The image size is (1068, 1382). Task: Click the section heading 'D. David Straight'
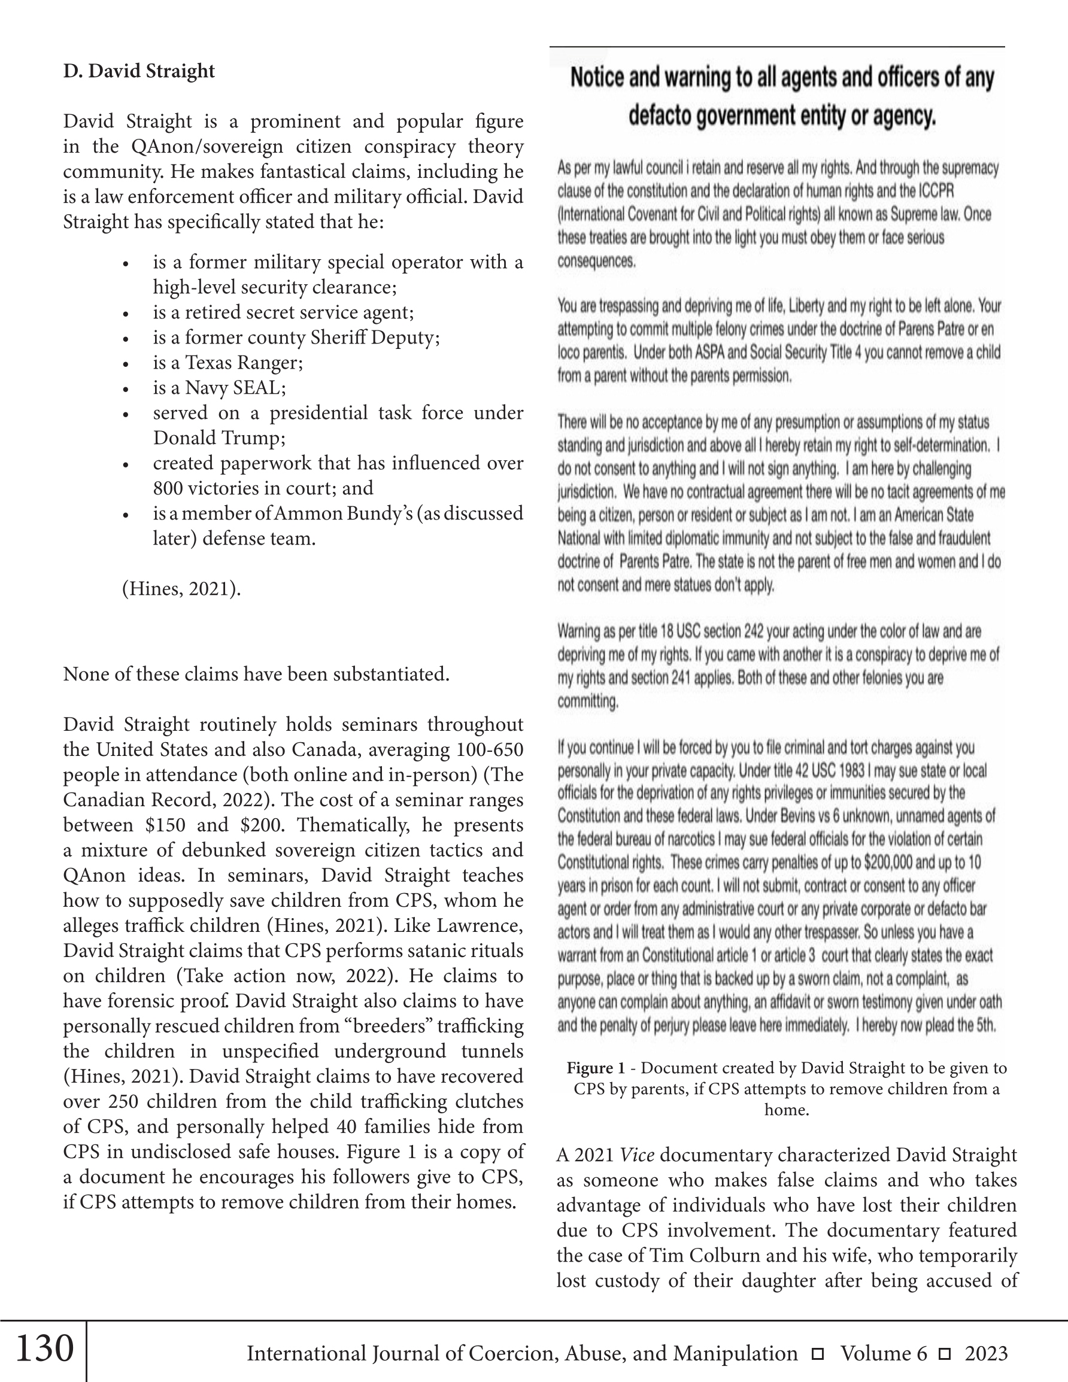pos(139,71)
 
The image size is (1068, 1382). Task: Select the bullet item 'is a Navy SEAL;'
pos(219,387)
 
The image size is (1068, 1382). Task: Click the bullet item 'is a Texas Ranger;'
pos(227,362)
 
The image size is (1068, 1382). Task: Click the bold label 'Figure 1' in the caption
pos(595,1068)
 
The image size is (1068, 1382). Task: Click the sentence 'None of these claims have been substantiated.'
pos(256,674)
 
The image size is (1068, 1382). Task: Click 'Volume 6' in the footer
pos(884,1353)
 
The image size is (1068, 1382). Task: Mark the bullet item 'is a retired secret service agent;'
pos(283,312)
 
